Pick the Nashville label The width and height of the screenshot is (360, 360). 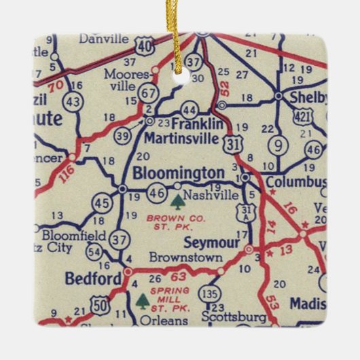click(x=212, y=195)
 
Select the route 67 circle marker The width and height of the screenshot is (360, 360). click(x=149, y=92)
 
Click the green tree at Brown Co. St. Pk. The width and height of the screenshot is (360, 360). click(x=177, y=201)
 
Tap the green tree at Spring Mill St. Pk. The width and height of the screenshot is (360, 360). click(x=142, y=300)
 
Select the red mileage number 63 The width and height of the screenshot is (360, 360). click(x=178, y=276)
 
